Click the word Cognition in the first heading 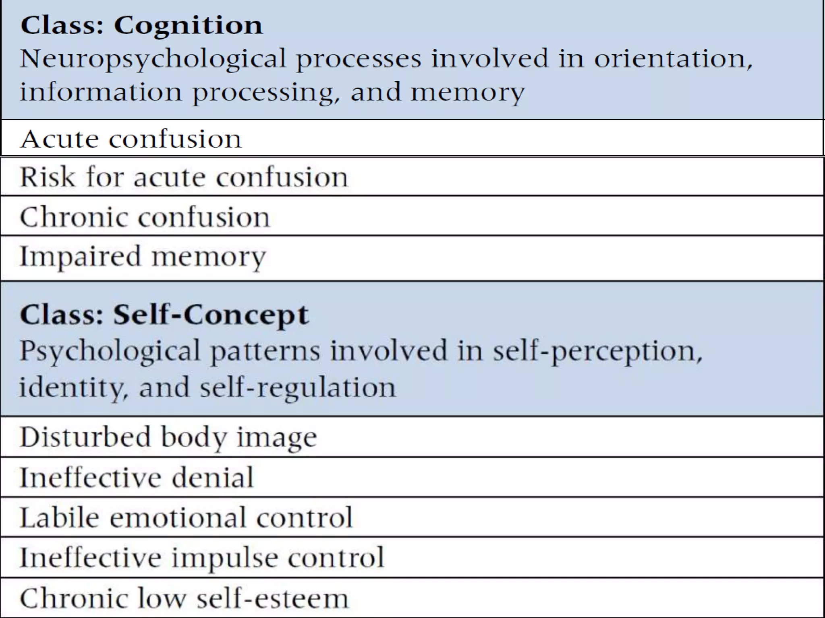pos(188,26)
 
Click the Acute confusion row pos(131,139)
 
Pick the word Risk pos(48,177)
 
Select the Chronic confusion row pos(145,217)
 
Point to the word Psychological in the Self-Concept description pos(110,351)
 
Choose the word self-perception pos(597,351)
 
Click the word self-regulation pos(297,388)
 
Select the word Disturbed pos(85,437)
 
